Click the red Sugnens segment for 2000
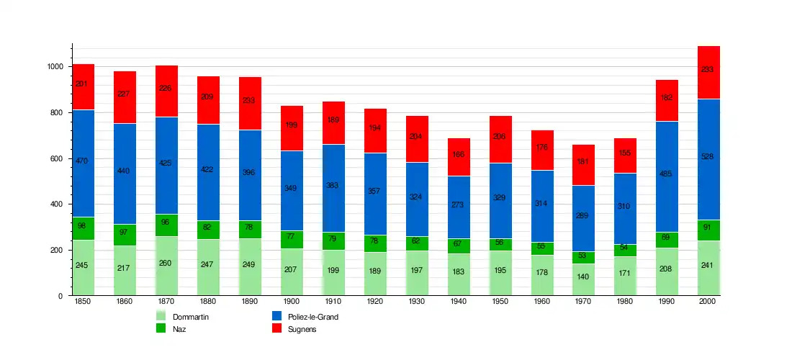coord(708,72)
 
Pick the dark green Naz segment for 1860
coord(125,235)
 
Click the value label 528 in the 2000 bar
coord(708,157)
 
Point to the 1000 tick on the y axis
coord(56,66)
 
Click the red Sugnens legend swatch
coord(276,328)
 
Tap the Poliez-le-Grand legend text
coord(313,317)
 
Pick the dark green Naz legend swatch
coord(161,328)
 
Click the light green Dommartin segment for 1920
coord(375,274)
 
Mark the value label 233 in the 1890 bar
coord(250,101)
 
